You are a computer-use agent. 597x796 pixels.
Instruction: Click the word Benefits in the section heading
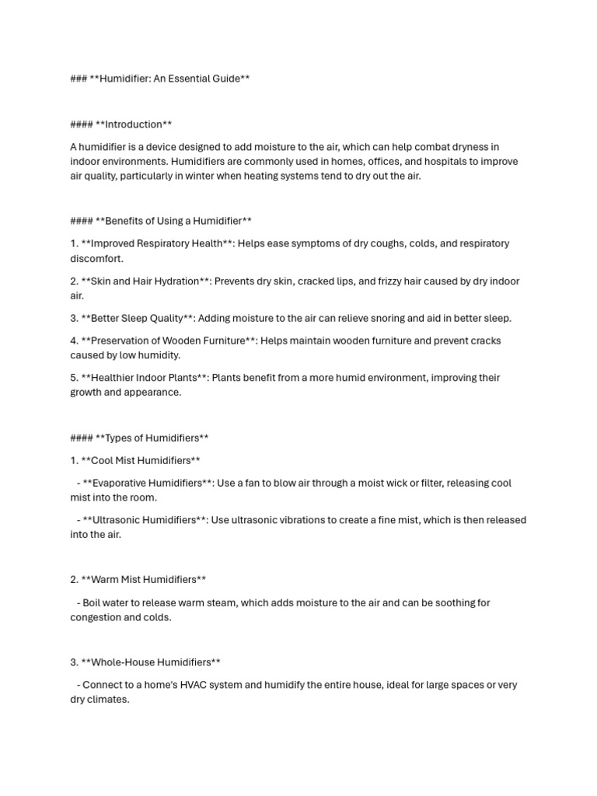point(124,221)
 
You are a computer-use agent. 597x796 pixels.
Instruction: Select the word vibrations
point(291,520)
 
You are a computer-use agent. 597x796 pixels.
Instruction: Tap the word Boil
point(93,602)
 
